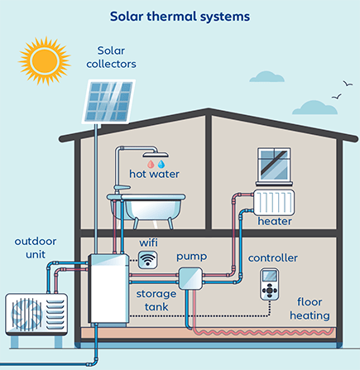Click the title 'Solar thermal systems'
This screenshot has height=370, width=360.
click(180, 15)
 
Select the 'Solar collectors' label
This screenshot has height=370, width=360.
click(117, 56)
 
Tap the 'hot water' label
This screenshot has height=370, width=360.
click(154, 175)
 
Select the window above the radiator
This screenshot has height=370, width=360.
click(275, 166)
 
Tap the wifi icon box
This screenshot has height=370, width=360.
click(148, 260)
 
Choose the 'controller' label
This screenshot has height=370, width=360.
click(273, 258)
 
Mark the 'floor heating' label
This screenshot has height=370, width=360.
click(310, 309)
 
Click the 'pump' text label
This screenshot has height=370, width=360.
click(192, 257)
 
